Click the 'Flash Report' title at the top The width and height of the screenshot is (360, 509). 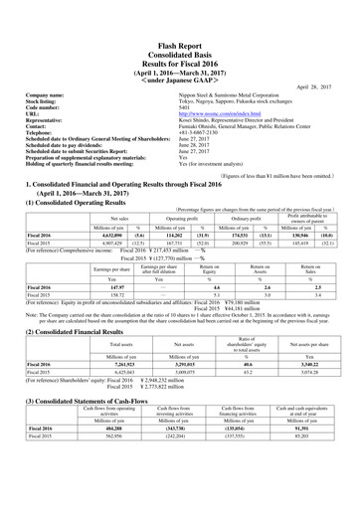tap(179, 18)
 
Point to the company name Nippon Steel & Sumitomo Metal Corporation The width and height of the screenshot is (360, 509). tap(245, 73)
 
